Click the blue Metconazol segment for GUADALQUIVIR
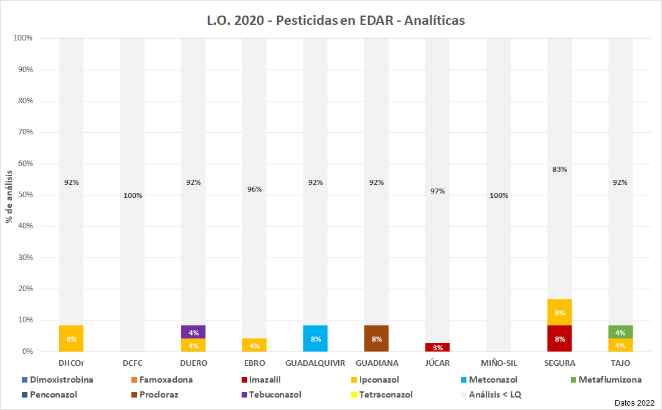tap(315, 338)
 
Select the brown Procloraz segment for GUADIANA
tap(376, 338)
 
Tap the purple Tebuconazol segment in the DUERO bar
tap(193, 332)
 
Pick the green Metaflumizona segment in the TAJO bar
tap(620, 332)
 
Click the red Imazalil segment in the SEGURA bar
tap(559, 338)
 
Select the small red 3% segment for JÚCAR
tap(437, 347)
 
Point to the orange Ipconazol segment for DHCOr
tap(71, 338)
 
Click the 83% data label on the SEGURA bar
tap(559, 169)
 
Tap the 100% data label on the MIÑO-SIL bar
tap(498, 195)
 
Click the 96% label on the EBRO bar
tap(254, 189)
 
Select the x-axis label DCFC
tap(132, 363)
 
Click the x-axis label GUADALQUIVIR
tap(315, 363)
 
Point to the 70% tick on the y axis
tap(24, 133)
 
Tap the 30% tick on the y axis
tap(24, 258)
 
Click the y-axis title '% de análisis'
tap(9, 195)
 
